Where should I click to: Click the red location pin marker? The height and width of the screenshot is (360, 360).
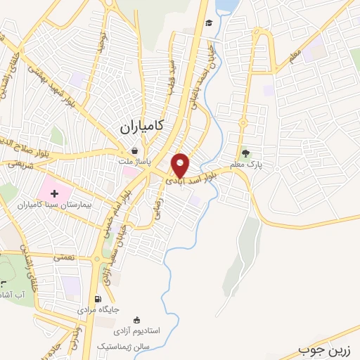coord(181,165)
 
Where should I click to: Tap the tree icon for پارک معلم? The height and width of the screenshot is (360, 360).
coord(245,153)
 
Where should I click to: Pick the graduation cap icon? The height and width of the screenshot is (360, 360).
coord(209,24)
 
